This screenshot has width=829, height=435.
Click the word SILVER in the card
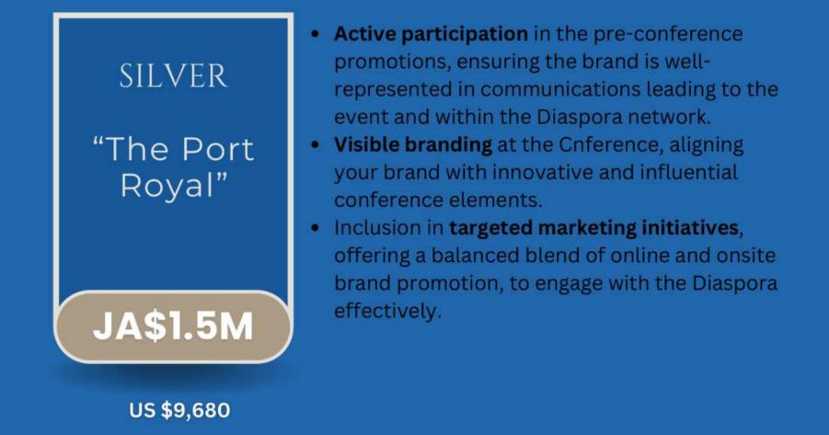pyautogui.click(x=173, y=76)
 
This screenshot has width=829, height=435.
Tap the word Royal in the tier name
pyautogui.click(x=168, y=187)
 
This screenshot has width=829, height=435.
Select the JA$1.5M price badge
pyautogui.click(x=173, y=326)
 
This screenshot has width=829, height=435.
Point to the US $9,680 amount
pyautogui.click(x=179, y=410)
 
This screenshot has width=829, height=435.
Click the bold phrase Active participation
pyautogui.click(x=431, y=34)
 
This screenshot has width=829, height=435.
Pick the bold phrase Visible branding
pyautogui.click(x=413, y=144)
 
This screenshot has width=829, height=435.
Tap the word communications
pyautogui.click(x=560, y=89)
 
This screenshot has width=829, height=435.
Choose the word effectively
pyautogui.click(x=387, y=310)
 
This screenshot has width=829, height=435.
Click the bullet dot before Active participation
pyautogui.click(x=316, y=34)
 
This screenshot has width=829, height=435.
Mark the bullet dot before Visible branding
pyautogui.click(x=316, y=144)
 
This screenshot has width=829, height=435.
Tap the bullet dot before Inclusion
pyautogui.click(x=316, y=228)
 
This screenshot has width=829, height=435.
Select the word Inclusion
pyautogui.click(x=377, y=228)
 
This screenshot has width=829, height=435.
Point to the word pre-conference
pyautogui.click(x=668, y=35)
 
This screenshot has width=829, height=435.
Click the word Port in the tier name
pyautogui.click(x=217, y=150)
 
